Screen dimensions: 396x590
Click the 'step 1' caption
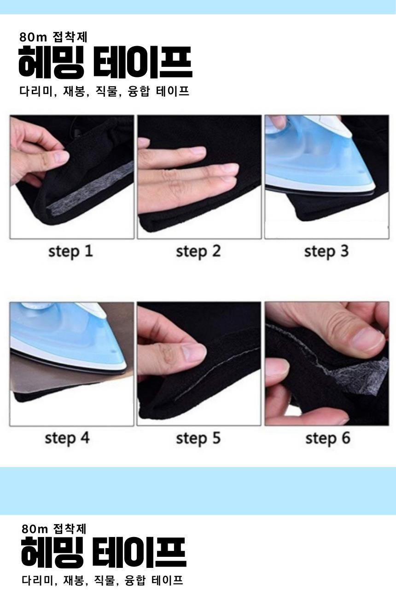click(x=70, y=251)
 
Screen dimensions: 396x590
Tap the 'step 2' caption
click(x=198, y=251)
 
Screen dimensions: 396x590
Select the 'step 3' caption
click(x=326, y=251)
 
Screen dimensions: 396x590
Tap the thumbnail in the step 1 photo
click(x=61, y=158)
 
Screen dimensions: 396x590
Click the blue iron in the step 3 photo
click(x=320, y=158)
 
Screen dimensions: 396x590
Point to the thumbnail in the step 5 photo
click(x=194, y=353)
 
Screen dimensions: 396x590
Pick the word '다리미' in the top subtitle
click(x=36, y=91)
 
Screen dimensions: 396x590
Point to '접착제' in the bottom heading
click(x=70, y=528)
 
